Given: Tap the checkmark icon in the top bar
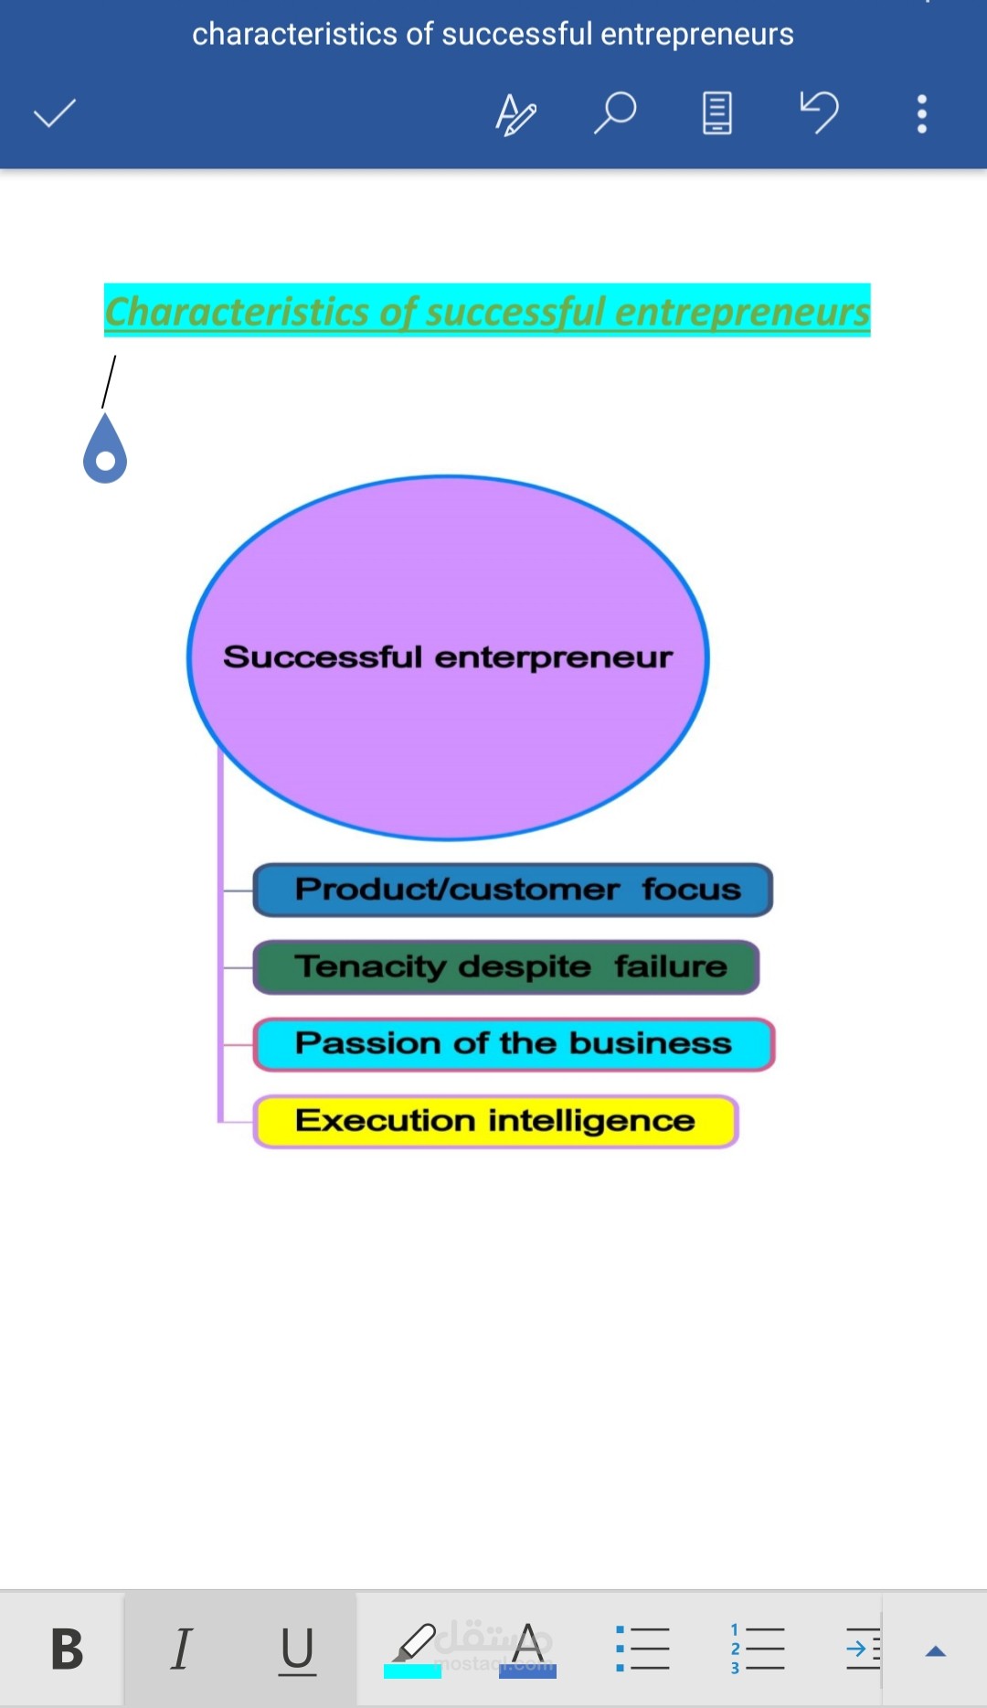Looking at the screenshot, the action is pos(55,113).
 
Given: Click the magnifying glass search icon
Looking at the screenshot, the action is pos(615,112).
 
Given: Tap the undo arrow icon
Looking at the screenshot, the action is pos(819,112).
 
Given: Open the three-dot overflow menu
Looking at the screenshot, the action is pos(922,113).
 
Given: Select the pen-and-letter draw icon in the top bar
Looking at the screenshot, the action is pos(515,114).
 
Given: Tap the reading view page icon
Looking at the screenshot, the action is pos(717,112).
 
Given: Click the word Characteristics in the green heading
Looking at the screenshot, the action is pos(237,311).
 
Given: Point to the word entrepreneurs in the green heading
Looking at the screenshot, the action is pos(742,311).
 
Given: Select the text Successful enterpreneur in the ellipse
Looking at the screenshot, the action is pos(448,657).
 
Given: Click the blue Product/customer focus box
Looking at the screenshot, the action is pos(513,890).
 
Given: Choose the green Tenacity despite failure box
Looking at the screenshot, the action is pos(506,966).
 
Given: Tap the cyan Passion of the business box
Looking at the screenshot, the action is pos(514,1044).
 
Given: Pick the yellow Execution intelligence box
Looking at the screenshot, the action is pos(495,1121).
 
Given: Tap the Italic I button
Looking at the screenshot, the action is pos(182,1649).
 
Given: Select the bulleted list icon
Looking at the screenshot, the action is pos(642,1649).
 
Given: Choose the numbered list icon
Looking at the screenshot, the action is pos(757,1649).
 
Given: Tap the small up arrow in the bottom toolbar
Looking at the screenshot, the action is pos(935,1651).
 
